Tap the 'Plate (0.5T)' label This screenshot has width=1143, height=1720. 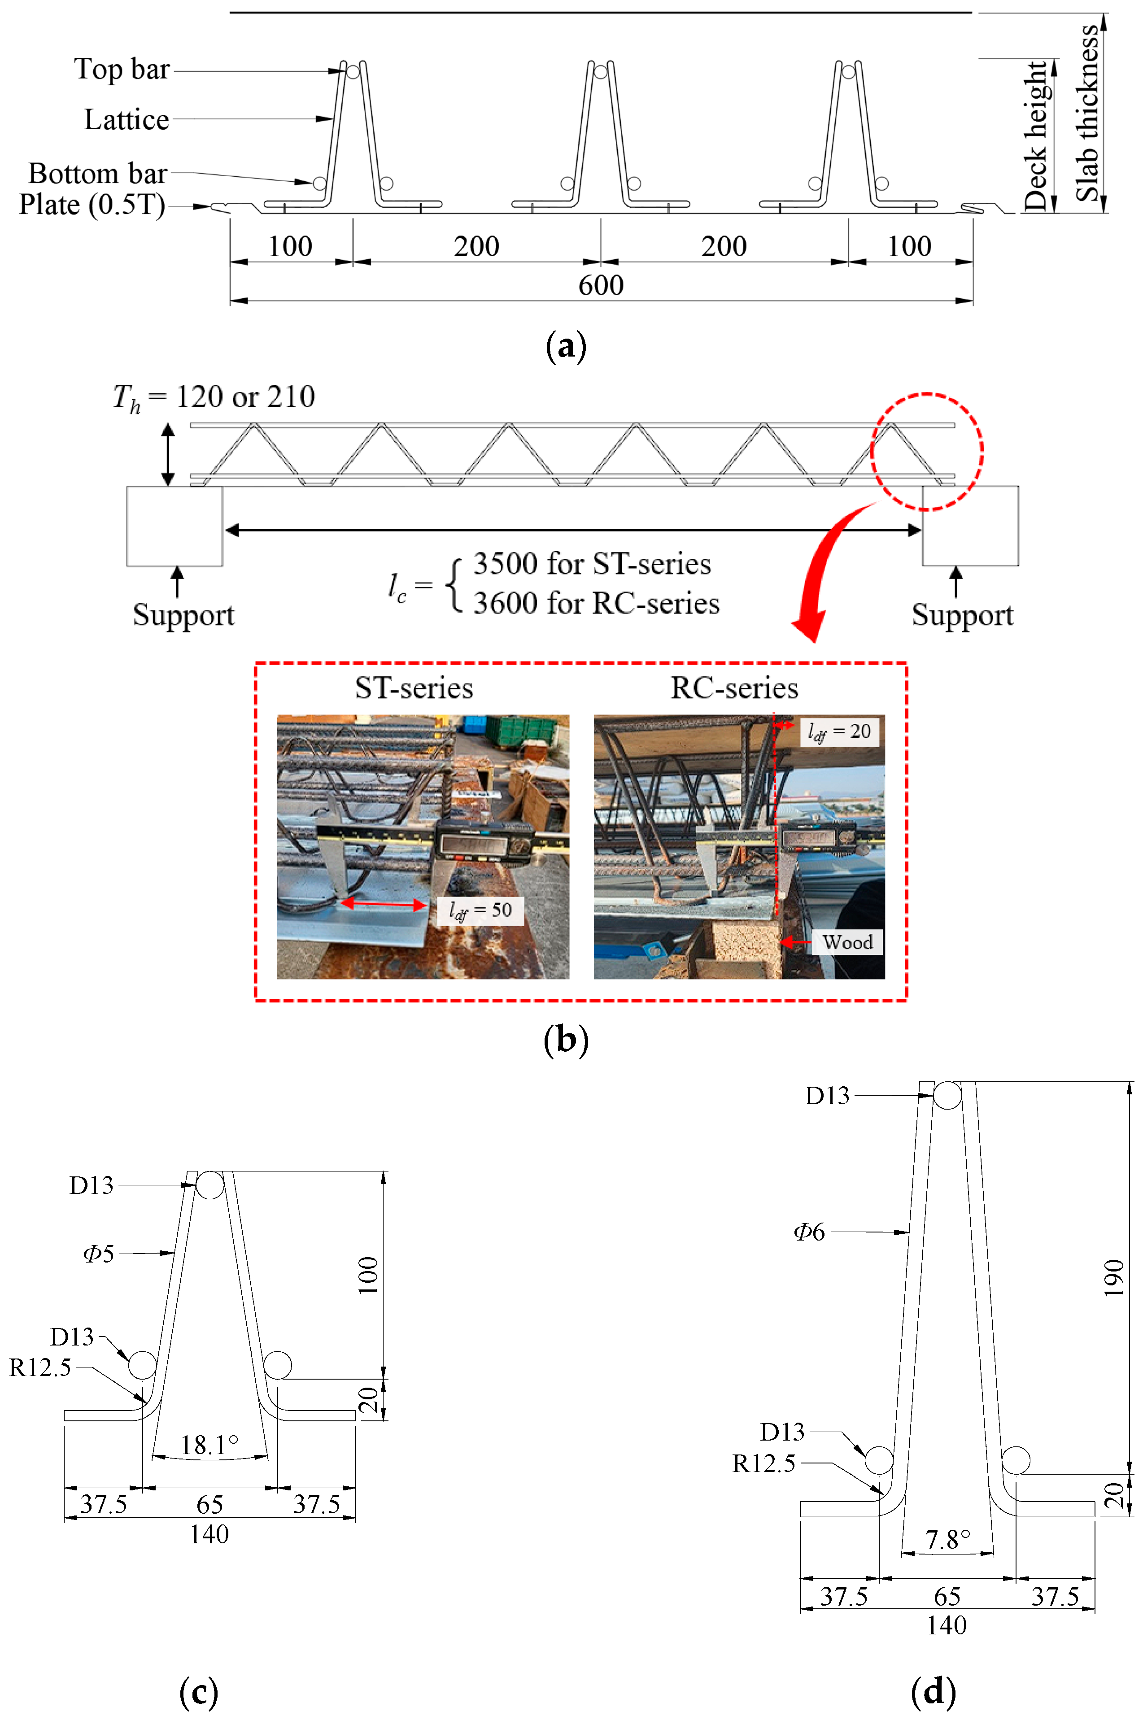[x=92, y=205]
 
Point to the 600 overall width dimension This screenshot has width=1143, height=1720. [x=601, y=285]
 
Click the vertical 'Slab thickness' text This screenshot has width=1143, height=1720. [x=1087, y=113]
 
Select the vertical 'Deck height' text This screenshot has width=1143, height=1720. [x=1035, y=135]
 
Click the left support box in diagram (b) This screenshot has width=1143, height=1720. [x=174, y=526]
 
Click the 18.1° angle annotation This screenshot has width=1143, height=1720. [x=209, y=1445]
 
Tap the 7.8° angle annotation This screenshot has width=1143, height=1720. [x=947, y=1539]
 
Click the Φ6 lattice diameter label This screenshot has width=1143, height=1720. [x=809, y=1232]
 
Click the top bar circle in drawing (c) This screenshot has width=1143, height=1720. [x=210, y=1184]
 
